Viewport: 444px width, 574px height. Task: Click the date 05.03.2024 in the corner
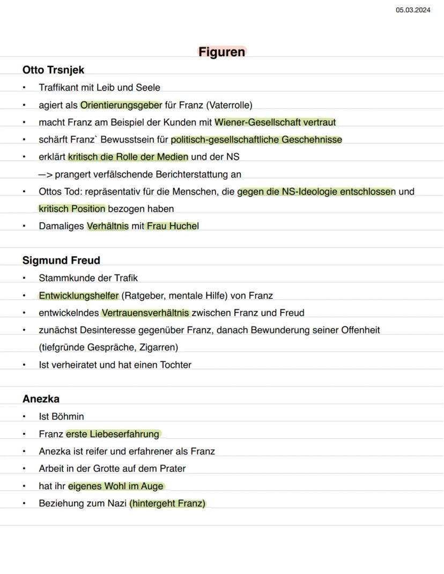(x=413, y=10)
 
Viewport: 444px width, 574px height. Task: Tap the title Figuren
(x=221, y=52)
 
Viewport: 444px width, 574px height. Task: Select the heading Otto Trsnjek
(x=53, y=70)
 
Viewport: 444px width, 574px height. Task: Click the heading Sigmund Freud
(x=61, y=260)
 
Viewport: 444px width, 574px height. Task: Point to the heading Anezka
(x=41, y=399)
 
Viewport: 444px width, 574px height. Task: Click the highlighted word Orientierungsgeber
(x=121, y=105)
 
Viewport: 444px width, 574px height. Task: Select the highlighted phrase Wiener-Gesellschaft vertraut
(x=275, y=122)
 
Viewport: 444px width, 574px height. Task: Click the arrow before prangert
(x=45, y=175)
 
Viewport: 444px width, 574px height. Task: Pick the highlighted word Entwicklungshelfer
(x=78, y=295)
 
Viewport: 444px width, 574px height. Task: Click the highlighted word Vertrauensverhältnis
(x=145, y=313)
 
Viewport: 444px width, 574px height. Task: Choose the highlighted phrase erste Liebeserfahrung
(x=113, y=434)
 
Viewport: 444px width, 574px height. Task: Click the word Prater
(x=172, y=468)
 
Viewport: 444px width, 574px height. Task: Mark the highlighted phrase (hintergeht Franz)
(x=168, y=504)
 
